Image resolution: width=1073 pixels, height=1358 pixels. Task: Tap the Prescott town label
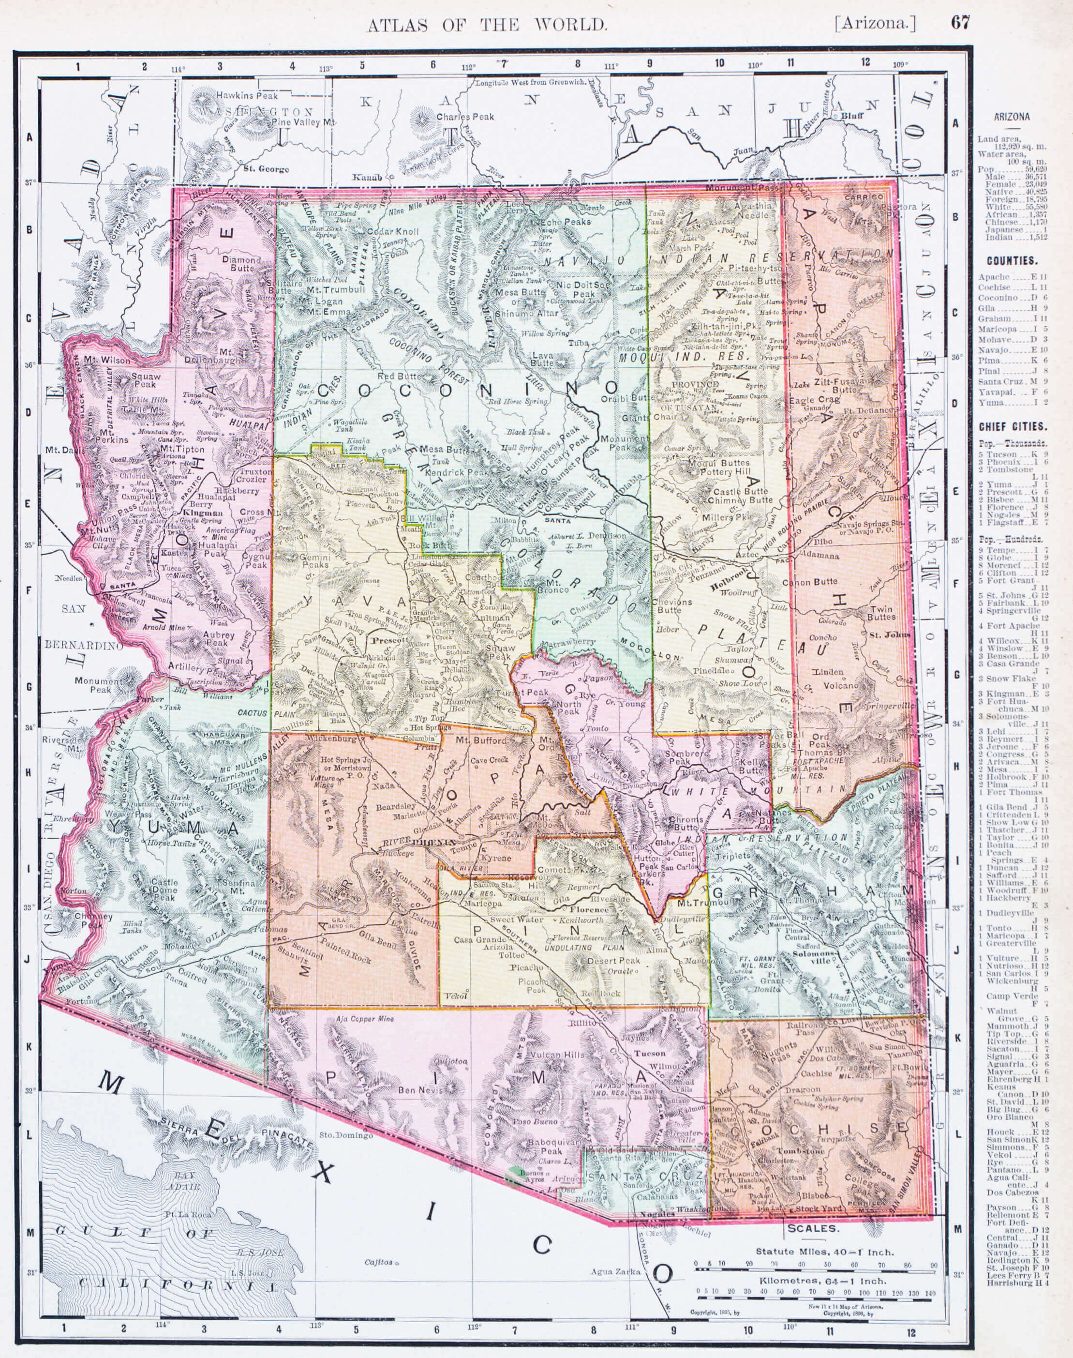(x=387, y=640)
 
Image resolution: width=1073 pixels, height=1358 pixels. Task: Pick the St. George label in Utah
(x=267, y=169)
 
